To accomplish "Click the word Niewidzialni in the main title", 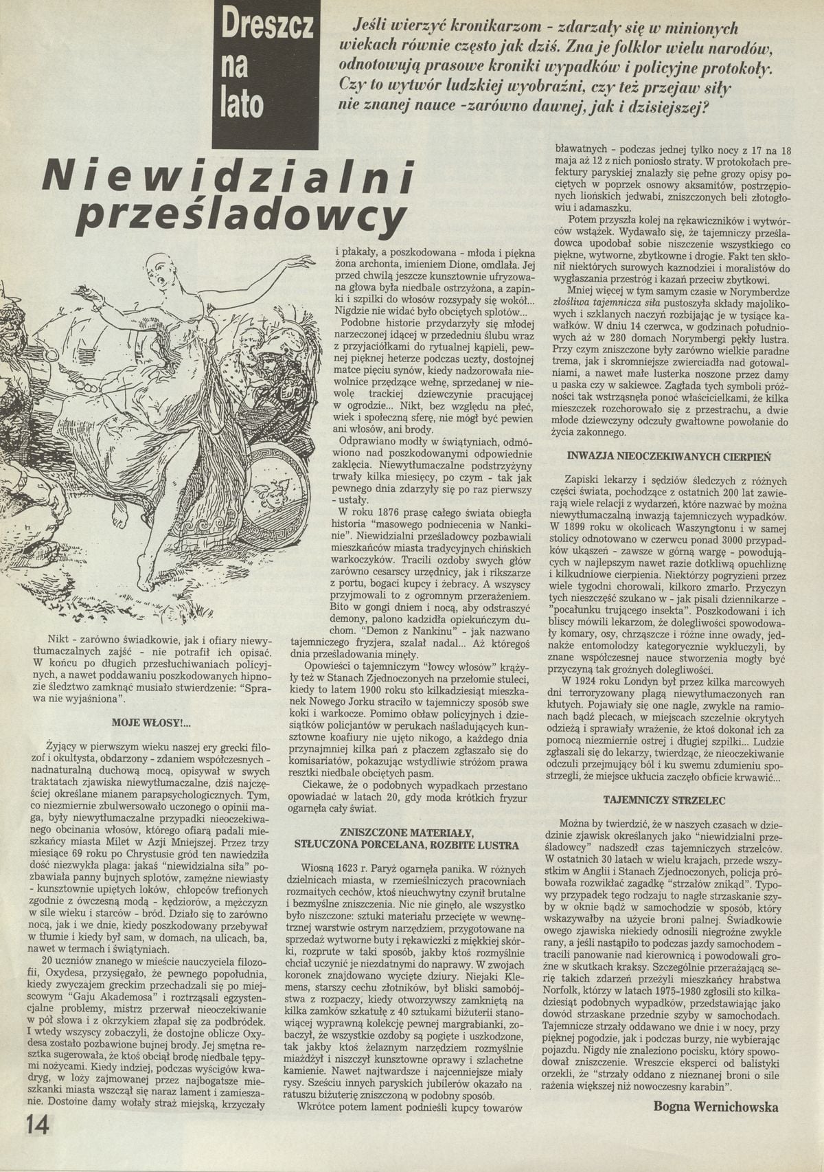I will (229, 177).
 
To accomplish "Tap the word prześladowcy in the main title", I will (240, 218).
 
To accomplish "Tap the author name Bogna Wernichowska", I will (716, 1107).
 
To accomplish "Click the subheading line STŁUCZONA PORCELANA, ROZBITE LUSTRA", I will (407, 844).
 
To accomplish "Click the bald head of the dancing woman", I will (159, 264).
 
